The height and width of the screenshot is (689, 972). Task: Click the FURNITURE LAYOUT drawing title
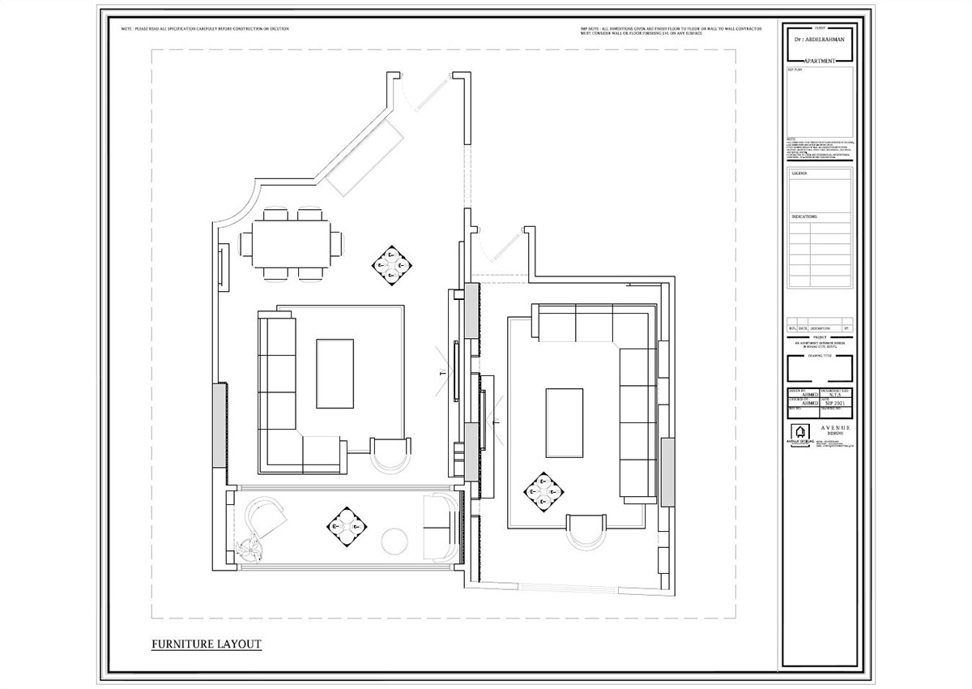click(207, 644)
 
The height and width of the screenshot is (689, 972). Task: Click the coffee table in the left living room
click(335, 374)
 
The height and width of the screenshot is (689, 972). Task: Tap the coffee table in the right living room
click(564, 423)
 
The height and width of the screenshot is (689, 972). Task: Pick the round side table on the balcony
click(396, 542)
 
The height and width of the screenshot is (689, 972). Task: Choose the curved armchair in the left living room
click(390, 456)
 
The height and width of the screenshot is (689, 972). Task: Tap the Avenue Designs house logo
click(799, 434)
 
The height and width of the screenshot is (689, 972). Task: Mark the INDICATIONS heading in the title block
click(804, 217)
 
